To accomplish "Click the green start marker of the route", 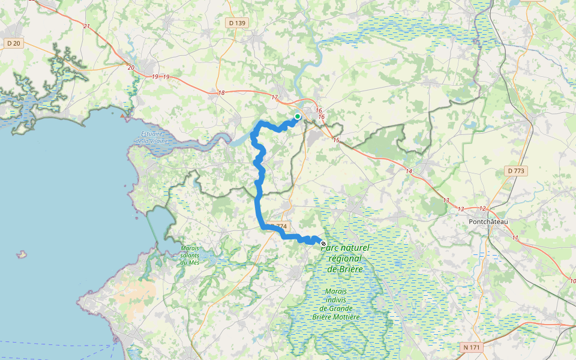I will coord(298,116).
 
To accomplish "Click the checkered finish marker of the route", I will coord(323,244).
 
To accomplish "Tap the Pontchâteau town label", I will coord(488,221).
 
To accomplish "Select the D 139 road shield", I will coord(237,23).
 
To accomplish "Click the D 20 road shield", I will coord(13,43).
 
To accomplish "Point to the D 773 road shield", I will coord(515,171).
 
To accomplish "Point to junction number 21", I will coord(86,26).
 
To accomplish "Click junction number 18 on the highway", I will coord(221,92).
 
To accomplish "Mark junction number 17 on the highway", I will coord(275,97).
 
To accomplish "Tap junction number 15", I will coord(336,140).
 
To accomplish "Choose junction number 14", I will coord(409,172).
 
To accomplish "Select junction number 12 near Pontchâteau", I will coord(482,208).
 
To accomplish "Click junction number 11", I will coord(515,238).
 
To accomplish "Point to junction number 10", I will coord(571,281).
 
